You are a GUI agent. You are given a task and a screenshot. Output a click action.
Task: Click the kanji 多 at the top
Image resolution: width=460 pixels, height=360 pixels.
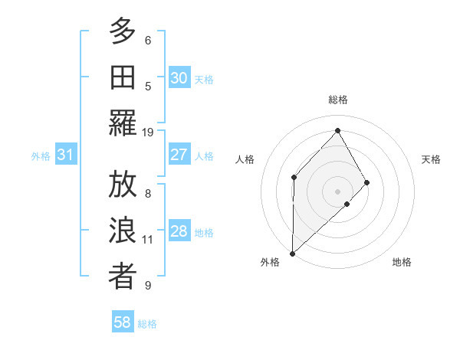123,32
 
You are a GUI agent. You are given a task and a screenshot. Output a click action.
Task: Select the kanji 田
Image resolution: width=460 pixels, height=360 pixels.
123,76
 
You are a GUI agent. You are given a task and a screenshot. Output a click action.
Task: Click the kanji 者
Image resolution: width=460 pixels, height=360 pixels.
123,276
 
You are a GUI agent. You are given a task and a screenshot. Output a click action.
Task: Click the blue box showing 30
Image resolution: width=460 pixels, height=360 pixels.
179,78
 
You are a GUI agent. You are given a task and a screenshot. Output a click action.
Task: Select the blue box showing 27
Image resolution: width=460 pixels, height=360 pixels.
179,155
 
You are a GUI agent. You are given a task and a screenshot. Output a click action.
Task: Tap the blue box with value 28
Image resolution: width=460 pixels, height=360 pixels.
179,232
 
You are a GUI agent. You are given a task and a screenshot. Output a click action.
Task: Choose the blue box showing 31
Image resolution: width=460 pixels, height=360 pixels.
66,155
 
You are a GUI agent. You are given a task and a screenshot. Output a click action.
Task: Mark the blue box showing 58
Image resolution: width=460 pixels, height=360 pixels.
123,322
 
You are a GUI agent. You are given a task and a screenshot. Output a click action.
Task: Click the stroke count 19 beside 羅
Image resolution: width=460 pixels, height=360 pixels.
148,133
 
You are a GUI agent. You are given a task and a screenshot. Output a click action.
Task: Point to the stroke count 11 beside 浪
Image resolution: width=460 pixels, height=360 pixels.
148,240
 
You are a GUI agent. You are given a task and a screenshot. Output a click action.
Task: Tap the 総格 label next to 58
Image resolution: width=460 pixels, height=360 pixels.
147,324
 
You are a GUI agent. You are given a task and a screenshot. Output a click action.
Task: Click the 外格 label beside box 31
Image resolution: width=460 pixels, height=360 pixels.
41,156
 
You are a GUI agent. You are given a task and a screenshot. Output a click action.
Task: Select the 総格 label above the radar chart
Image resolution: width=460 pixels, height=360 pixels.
337,100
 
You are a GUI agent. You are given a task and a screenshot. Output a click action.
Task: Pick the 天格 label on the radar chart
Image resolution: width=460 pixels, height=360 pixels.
432,159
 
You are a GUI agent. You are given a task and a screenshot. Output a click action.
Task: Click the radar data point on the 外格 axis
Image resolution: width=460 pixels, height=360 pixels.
292,253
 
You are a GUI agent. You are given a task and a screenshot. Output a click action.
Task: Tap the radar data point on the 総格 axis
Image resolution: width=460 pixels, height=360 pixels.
337,130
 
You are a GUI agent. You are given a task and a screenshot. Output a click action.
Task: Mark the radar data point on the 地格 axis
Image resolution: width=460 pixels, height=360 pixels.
347,204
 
